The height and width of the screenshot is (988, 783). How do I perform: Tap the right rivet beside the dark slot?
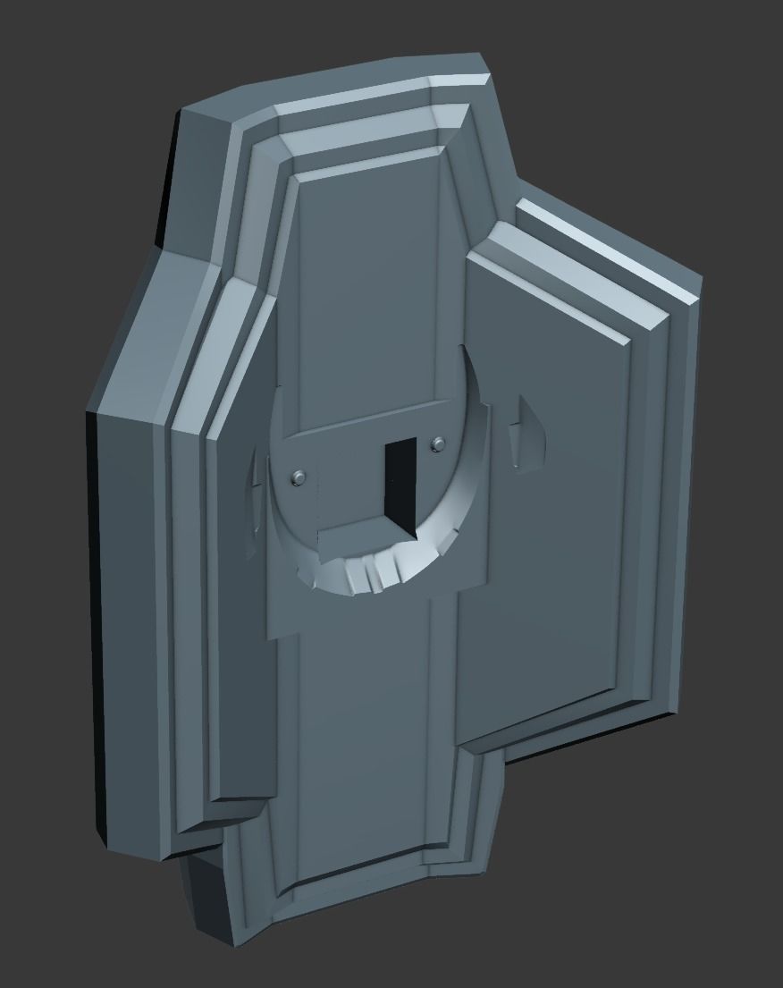437,443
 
